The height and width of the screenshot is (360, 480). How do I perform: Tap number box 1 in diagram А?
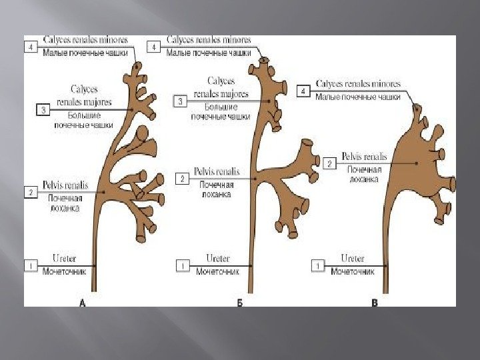(x=31, y=266)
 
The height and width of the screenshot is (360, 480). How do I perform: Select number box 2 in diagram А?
(x=31, y=193)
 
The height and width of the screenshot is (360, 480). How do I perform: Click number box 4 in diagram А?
(x=31, y=47)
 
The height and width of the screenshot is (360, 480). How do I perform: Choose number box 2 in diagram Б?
(x=181, y=179)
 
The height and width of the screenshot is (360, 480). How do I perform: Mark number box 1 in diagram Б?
(x=182, y=266)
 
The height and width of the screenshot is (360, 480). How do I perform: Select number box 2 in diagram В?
(x=329, y=163)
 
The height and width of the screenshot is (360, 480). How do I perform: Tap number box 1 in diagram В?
(x=318, y=266)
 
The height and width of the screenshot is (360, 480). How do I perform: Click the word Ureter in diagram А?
(x=64, y=258)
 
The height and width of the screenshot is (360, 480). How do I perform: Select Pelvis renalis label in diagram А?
(x=65, y=185)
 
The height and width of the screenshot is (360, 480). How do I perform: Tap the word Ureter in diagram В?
(x=353, y=258)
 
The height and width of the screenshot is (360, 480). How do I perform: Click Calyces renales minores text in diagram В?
(x=359, y=84)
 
